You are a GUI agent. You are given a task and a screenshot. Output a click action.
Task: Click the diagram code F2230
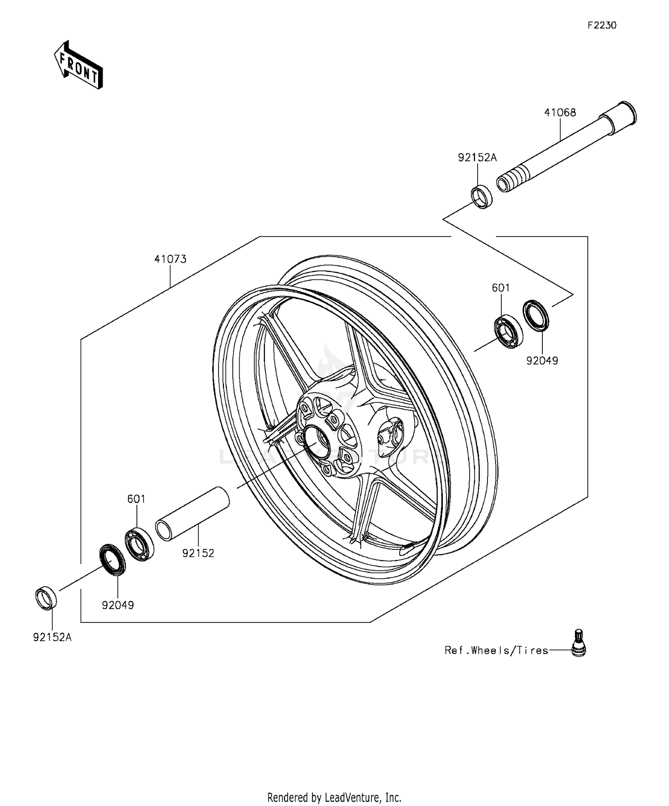(602, 25)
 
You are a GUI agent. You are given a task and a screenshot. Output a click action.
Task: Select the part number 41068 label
(560, 113)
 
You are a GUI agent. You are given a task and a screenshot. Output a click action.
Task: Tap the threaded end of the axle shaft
(510, 176)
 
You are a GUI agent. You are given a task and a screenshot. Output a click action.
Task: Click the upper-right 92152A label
(477, 157)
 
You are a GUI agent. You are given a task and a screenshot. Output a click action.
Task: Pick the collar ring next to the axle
(482, 196)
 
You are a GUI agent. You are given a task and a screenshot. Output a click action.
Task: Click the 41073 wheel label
(170, 259)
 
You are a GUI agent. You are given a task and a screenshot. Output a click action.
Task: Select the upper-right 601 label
(500, 288)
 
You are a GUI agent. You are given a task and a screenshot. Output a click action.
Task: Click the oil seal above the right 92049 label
(536, 316)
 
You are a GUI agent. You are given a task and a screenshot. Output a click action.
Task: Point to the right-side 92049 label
(542, 360)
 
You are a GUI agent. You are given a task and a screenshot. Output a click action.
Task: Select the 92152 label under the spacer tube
(198, 553)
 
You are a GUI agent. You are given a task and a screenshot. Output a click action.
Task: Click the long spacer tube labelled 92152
(192, 515)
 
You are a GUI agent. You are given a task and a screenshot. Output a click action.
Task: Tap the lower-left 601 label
(136, 499)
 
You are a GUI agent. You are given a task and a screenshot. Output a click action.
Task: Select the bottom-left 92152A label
(52, 637)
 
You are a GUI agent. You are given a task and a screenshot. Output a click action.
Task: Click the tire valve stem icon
(578, 643)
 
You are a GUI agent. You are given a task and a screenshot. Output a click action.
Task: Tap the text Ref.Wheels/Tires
(496, 651)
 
